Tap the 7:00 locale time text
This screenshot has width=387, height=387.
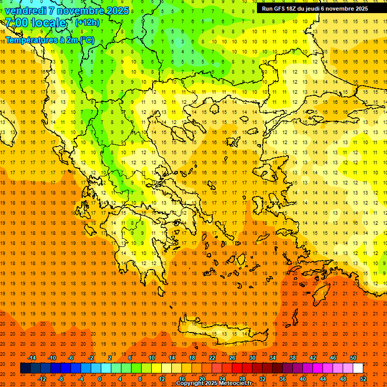[35, 23]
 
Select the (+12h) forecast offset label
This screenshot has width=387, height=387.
[87, 23]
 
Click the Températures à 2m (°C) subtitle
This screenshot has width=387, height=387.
[49, 40]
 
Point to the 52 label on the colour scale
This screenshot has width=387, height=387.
[364, 379]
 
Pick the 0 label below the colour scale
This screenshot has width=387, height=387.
[100, 379]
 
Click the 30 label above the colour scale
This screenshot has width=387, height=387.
[252, 358]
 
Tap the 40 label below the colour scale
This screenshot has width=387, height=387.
[303, 379]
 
